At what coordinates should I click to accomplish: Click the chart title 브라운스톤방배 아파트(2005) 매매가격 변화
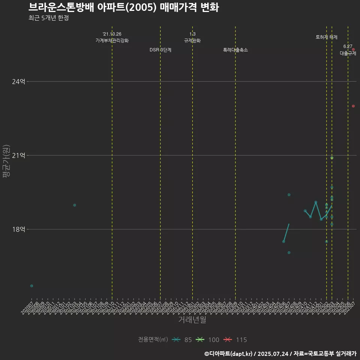coord(123,7)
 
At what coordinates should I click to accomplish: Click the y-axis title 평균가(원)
coord(6,162)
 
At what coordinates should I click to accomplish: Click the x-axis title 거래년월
coord(192,320)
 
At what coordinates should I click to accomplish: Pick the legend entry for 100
coord(208,340)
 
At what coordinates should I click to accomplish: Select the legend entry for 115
coord(235,340)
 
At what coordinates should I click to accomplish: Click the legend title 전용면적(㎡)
coord(153,340)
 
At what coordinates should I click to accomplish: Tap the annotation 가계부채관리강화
coord(112,40)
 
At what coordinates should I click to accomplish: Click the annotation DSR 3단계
coord(160,50)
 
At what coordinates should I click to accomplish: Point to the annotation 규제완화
coord(192,40)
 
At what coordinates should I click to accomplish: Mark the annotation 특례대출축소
coord(235,50)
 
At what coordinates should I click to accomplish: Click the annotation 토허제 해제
coord(327,37)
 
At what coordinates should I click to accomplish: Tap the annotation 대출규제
coord(348,53)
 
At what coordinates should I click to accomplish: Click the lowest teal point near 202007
coord(31,286)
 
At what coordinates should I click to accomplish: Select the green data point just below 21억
coord(332,158)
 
